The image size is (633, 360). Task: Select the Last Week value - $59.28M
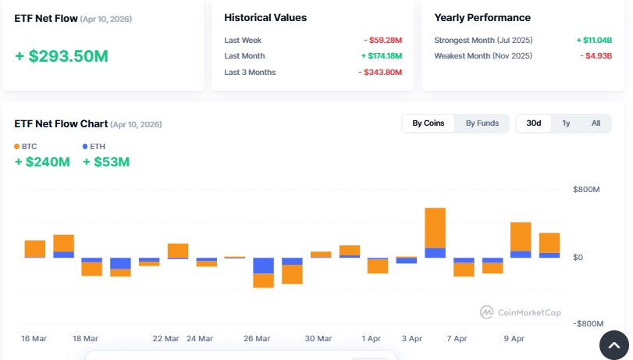point(382,40)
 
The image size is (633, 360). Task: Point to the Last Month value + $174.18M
point(381,56)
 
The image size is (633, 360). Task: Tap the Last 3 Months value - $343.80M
point(380,73)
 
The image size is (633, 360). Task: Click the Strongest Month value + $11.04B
point(593,40)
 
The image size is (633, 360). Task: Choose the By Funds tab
point(482,123)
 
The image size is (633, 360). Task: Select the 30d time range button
point(534,123)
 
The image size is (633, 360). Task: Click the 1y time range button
point(566,123)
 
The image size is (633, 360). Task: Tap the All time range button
point(596,123)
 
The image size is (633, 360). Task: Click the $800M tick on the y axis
point(586,190)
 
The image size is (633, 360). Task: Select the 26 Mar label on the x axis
point(257,339)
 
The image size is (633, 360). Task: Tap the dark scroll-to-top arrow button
point(613,344)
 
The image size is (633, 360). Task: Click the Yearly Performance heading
point(482,17)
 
